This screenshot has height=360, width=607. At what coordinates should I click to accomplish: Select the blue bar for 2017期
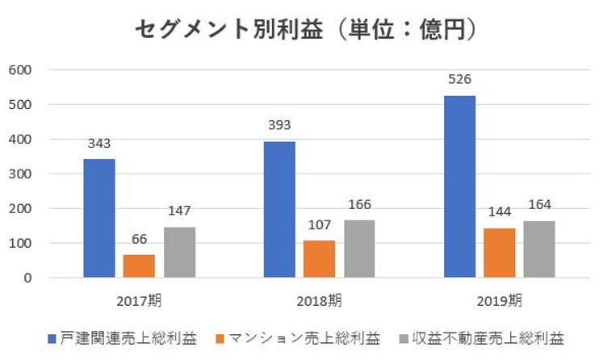[99, 218]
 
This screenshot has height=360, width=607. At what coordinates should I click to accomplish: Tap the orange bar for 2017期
[139, 266]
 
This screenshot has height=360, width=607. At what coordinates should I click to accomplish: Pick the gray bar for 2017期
[179, 252]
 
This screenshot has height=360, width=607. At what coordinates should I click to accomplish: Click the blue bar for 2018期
[279, 210]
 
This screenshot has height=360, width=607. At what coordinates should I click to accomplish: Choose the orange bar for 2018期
[319, 259]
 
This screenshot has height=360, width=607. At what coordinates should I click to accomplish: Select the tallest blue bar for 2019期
[459, 186]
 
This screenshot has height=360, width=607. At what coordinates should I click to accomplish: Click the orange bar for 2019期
[499, 253]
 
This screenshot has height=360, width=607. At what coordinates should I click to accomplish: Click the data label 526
[459, 79]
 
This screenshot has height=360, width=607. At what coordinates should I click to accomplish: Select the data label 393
[279, 125]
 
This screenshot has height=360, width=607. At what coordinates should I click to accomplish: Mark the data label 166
[358, 204]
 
